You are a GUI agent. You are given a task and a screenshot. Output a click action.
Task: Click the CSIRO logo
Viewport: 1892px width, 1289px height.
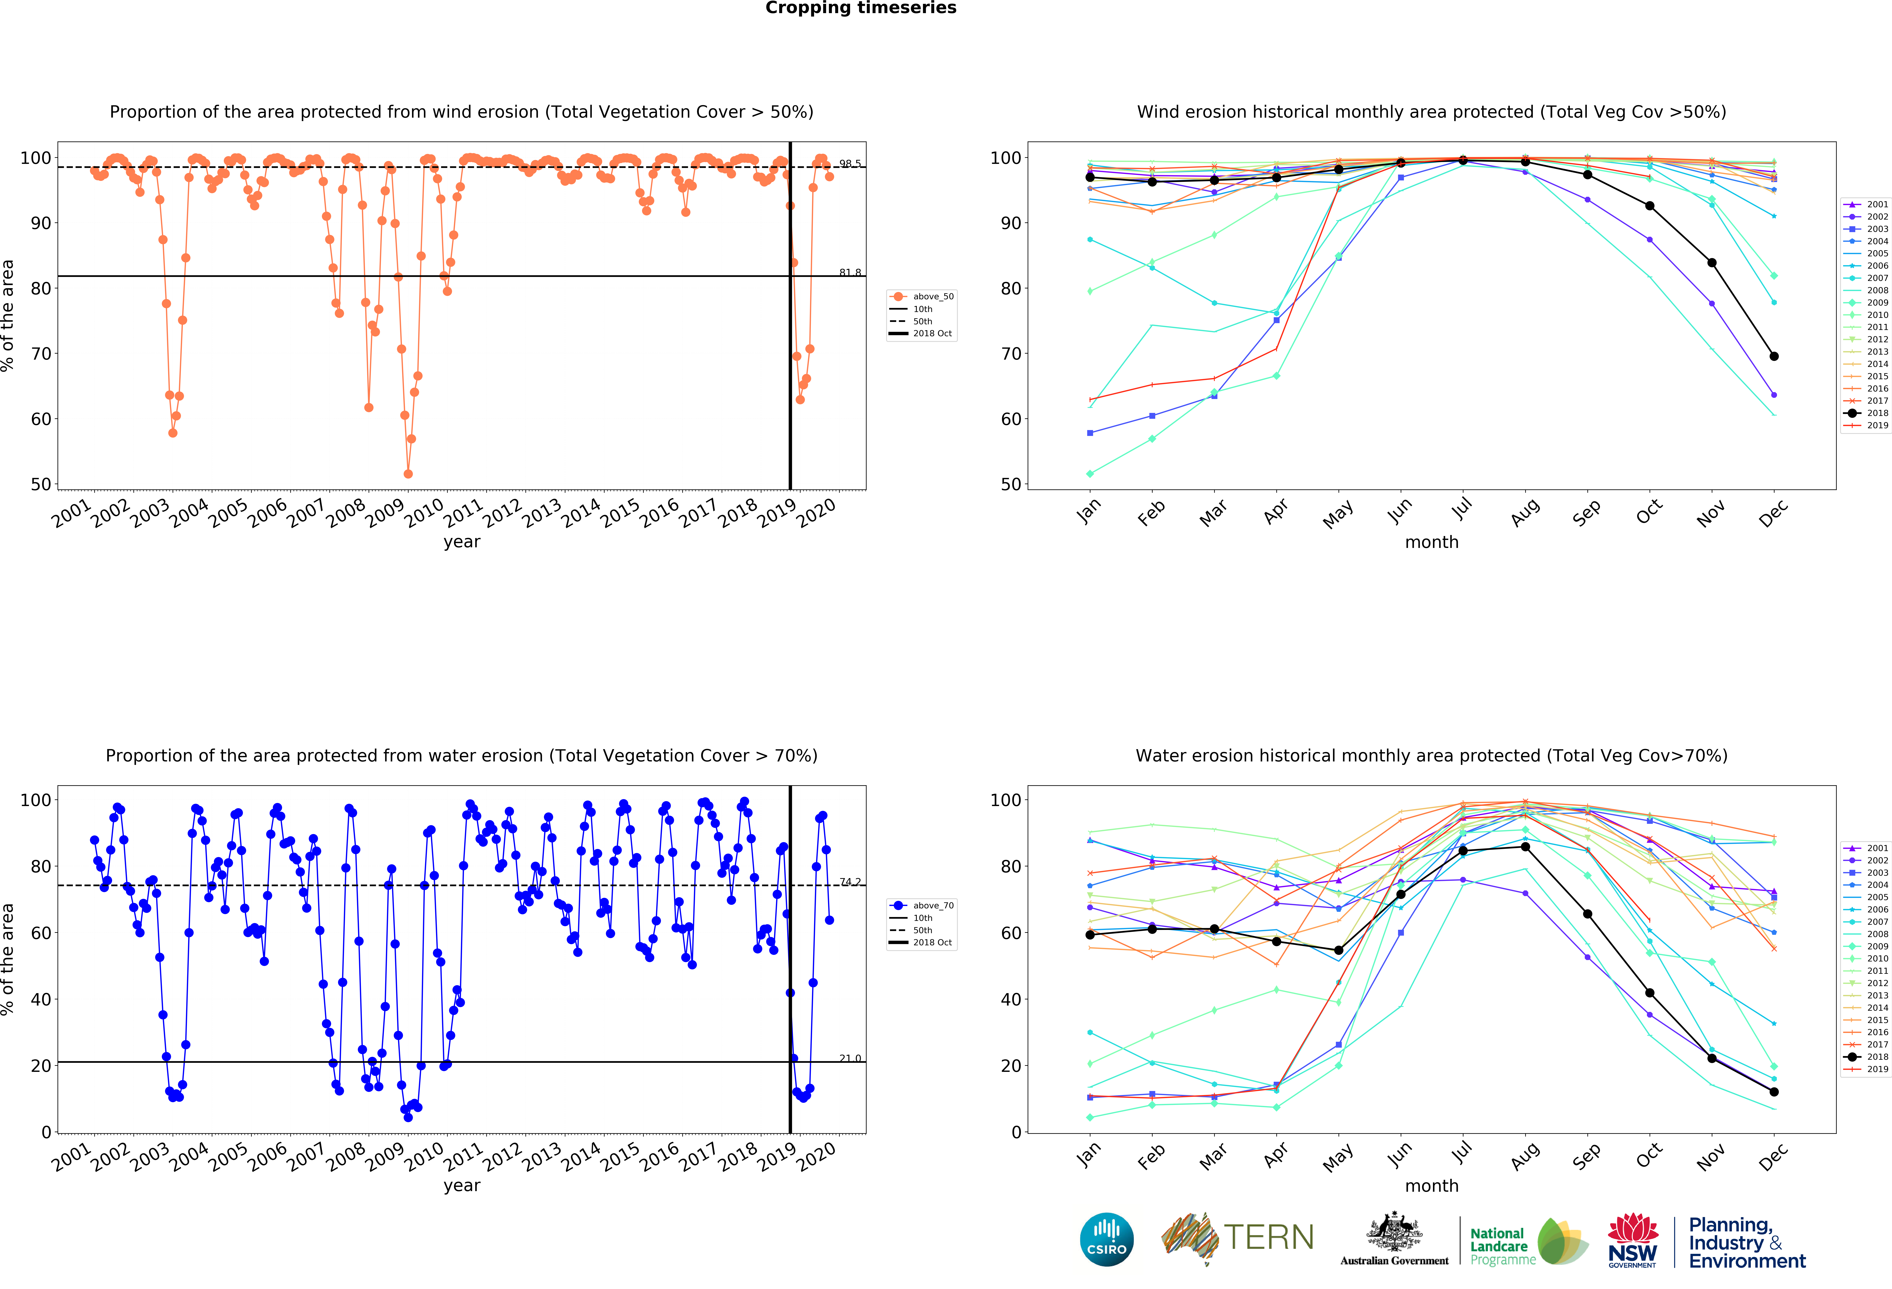coord(1106,1239)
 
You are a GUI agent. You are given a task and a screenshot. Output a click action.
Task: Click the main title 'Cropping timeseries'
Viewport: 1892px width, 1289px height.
coord(861,8)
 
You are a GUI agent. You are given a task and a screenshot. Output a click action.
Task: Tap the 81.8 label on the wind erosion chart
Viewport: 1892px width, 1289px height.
coord(850,273)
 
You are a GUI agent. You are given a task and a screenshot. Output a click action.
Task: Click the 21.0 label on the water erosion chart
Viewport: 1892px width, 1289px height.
coord(850,1058)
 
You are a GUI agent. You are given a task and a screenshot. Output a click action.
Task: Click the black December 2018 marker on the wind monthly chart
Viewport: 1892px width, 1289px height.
coord(1774,356)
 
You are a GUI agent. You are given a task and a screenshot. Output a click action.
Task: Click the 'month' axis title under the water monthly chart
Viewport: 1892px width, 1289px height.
coord(1431,1186)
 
